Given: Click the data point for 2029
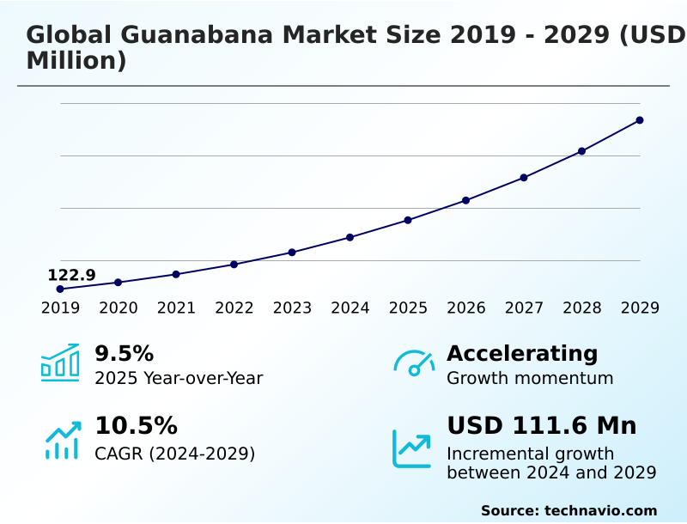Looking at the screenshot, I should (640, 120).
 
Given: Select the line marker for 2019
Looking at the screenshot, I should (60, 289).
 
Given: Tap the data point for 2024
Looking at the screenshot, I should (350, 237).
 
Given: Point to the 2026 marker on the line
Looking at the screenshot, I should (466, 200).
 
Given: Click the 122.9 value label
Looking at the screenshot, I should (71, 275).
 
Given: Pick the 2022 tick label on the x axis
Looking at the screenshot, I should (234, 308).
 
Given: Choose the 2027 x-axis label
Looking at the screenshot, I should (524, 308).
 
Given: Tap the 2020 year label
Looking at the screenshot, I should (119, 308).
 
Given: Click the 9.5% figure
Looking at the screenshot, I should (124, 353).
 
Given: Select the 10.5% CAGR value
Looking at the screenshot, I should (136, 426).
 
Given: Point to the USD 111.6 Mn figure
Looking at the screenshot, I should (541, 426).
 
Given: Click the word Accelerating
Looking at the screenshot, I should (522, 353).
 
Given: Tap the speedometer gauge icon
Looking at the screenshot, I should (414, 363).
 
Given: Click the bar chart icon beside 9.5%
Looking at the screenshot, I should (60, 363).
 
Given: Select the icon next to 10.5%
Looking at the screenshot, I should (63, 439).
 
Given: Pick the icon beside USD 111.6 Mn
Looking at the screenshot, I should (412, 448).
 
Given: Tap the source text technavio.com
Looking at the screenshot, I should (600, 510).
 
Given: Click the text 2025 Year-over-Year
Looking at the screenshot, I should (179, 378).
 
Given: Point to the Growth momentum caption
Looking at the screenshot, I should (530, 378).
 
